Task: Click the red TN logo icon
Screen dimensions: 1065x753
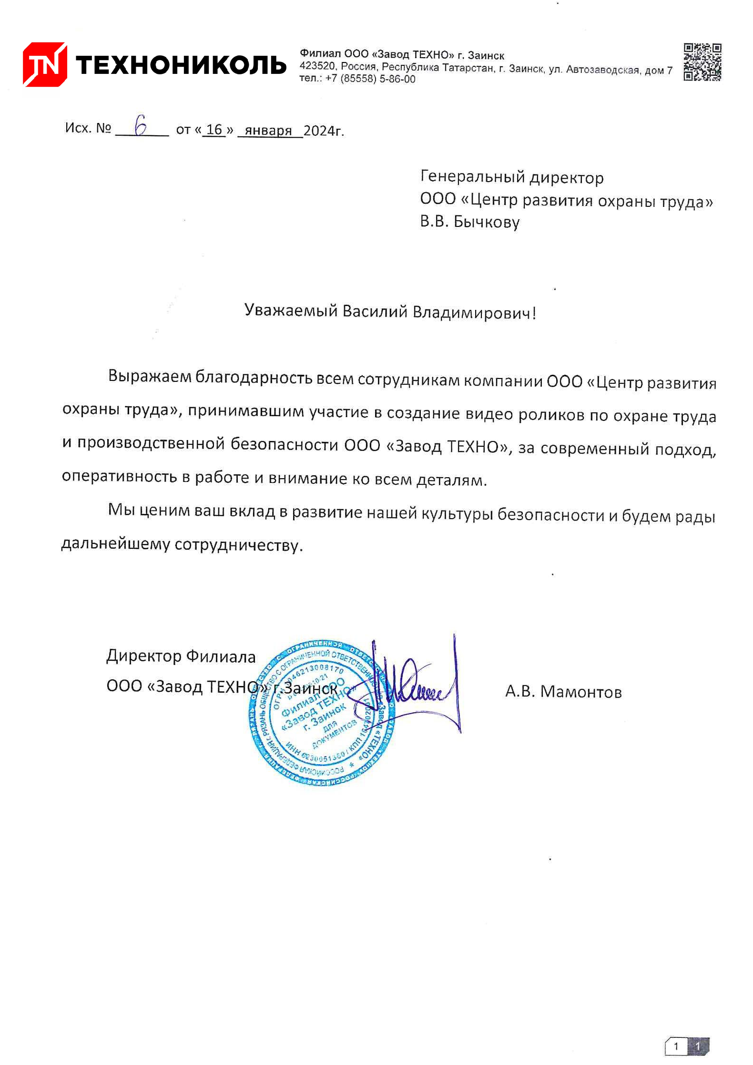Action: [x=45, y=64]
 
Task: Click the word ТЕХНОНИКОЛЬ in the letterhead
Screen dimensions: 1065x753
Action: [x=181, y=65]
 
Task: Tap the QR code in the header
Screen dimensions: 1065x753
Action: [x=702, y=62]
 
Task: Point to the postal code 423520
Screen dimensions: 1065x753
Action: [x=317, y=66]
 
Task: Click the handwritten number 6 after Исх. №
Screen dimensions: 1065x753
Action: [x=141, y=125]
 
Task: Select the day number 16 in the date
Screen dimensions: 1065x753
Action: [x=214, y=130]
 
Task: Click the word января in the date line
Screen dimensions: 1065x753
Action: [x=268, y=131]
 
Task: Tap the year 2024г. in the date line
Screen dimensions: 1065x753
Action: [x=324, y=131]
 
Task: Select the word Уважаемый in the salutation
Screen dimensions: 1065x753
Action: [x=291, y=310]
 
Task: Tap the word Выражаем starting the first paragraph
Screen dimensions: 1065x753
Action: [x=149, y=377]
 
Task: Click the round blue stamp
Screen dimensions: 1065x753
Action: [x=322, y=713]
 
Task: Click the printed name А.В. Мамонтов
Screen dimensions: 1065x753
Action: [x=563, y=691]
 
